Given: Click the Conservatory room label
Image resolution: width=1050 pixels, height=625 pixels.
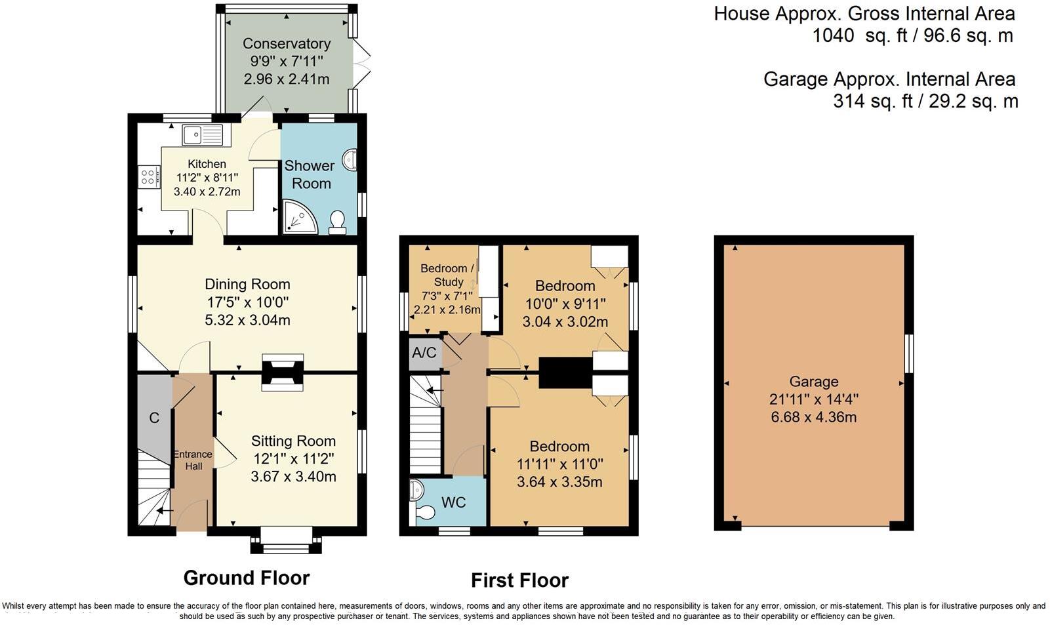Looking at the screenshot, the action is pyautogui.click(x=287, y=43).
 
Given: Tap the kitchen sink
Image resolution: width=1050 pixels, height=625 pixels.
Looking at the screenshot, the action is pyautogui.click(x=203, y=135).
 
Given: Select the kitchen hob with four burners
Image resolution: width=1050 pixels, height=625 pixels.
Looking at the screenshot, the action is pyautogui.click(x=148, y=177).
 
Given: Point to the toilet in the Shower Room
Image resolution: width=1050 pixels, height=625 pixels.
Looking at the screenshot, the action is pyautogui.click(x=338, y=223).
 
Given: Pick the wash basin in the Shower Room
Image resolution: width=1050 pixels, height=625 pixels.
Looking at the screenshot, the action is pyautogui.click(x=350, y=159).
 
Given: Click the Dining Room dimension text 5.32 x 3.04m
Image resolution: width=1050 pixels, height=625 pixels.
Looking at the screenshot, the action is pyautogui.click(x=247, y=320).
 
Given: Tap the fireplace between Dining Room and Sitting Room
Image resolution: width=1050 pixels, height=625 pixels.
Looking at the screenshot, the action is pyautogui.click(x=283, y=373).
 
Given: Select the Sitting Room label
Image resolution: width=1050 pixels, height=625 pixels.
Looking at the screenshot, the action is pyautogui.click(x=293, y=441).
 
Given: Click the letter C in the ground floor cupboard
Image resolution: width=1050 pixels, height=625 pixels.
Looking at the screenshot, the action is pyautogui.click(x=154, y=418).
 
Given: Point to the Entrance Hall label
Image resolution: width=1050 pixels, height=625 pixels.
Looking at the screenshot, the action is pyautogui.click(x=193, y=460).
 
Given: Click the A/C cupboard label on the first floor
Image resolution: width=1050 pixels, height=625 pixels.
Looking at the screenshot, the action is pyautogui.click(x=424, y=353).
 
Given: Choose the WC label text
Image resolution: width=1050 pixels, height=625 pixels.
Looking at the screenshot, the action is pyautogui.click(x=454, y=502).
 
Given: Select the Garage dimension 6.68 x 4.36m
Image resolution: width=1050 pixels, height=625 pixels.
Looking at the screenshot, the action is pyautogui.click(x=814, y=417).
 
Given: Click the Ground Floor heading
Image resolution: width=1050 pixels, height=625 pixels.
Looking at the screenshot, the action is pyautogui.click(x=247, y=578).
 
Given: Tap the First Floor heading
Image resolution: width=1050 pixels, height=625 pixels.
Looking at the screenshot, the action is pyautogui.click(x=520, y=580).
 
